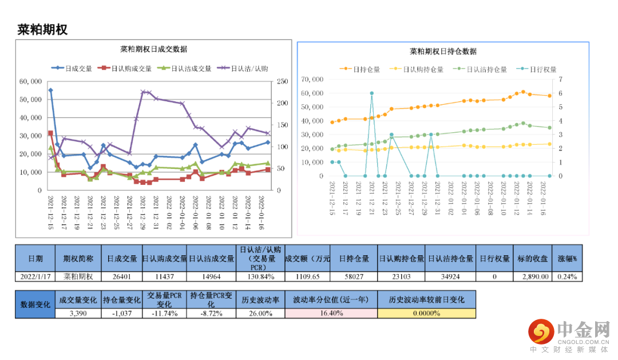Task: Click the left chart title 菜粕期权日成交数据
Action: pos(153,49)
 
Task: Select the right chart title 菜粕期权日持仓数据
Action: pos(443,52)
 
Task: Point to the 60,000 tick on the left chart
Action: pos(30,82)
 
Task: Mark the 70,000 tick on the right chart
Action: pos(312,79)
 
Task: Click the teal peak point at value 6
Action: pos(372,93)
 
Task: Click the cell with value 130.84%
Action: pos(260,276)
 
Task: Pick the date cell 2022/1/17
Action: pos(35,276)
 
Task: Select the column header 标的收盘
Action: pos(534,259)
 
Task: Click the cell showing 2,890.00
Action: pos(534,276)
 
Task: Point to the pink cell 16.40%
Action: pos(331,313)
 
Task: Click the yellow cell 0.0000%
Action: pos(426,313)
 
